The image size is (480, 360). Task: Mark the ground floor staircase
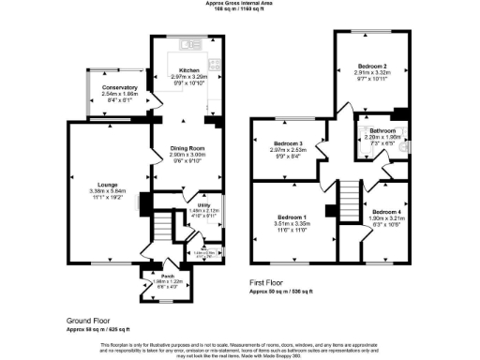click(162, 226)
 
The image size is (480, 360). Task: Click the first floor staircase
click(347, 196)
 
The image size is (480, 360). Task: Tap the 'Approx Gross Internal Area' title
click(239, 4)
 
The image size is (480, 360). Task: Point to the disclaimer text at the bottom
click(239, 348)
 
